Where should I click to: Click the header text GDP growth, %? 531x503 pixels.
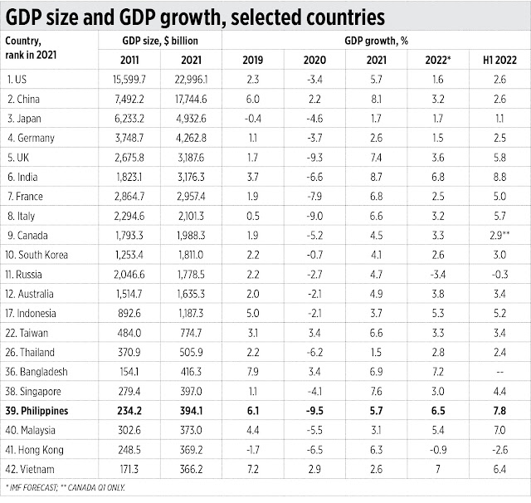click(x=374, y=39)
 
